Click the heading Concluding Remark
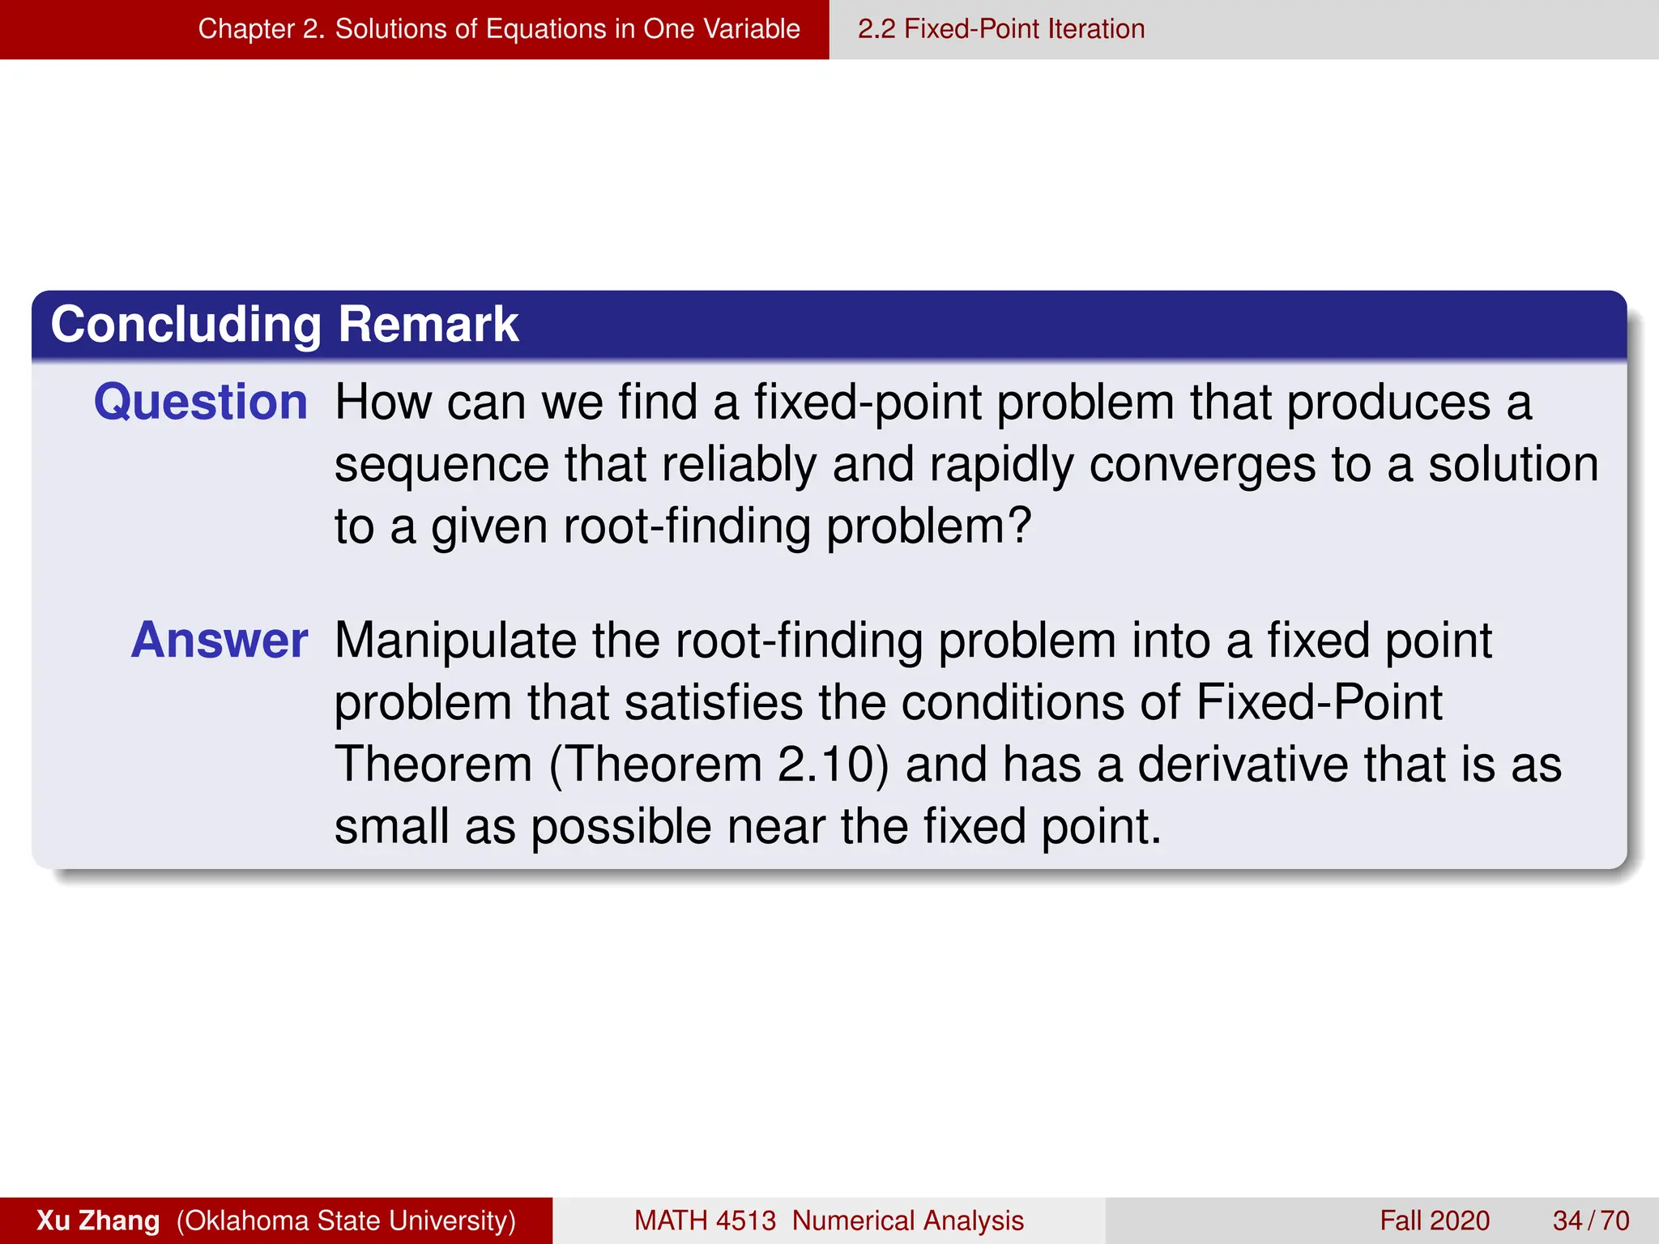[284, 325]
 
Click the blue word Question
[200, 403]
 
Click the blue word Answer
[220, 641]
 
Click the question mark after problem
[1018, 526]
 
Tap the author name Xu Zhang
[98, 1221]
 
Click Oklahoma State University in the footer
[347, 1221]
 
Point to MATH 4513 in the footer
[705, 1221]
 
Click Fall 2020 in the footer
[1434, 1221]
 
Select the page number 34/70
[1590, 1221]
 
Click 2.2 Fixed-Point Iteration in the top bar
[1001, 29]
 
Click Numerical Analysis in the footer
[907, 1221]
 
